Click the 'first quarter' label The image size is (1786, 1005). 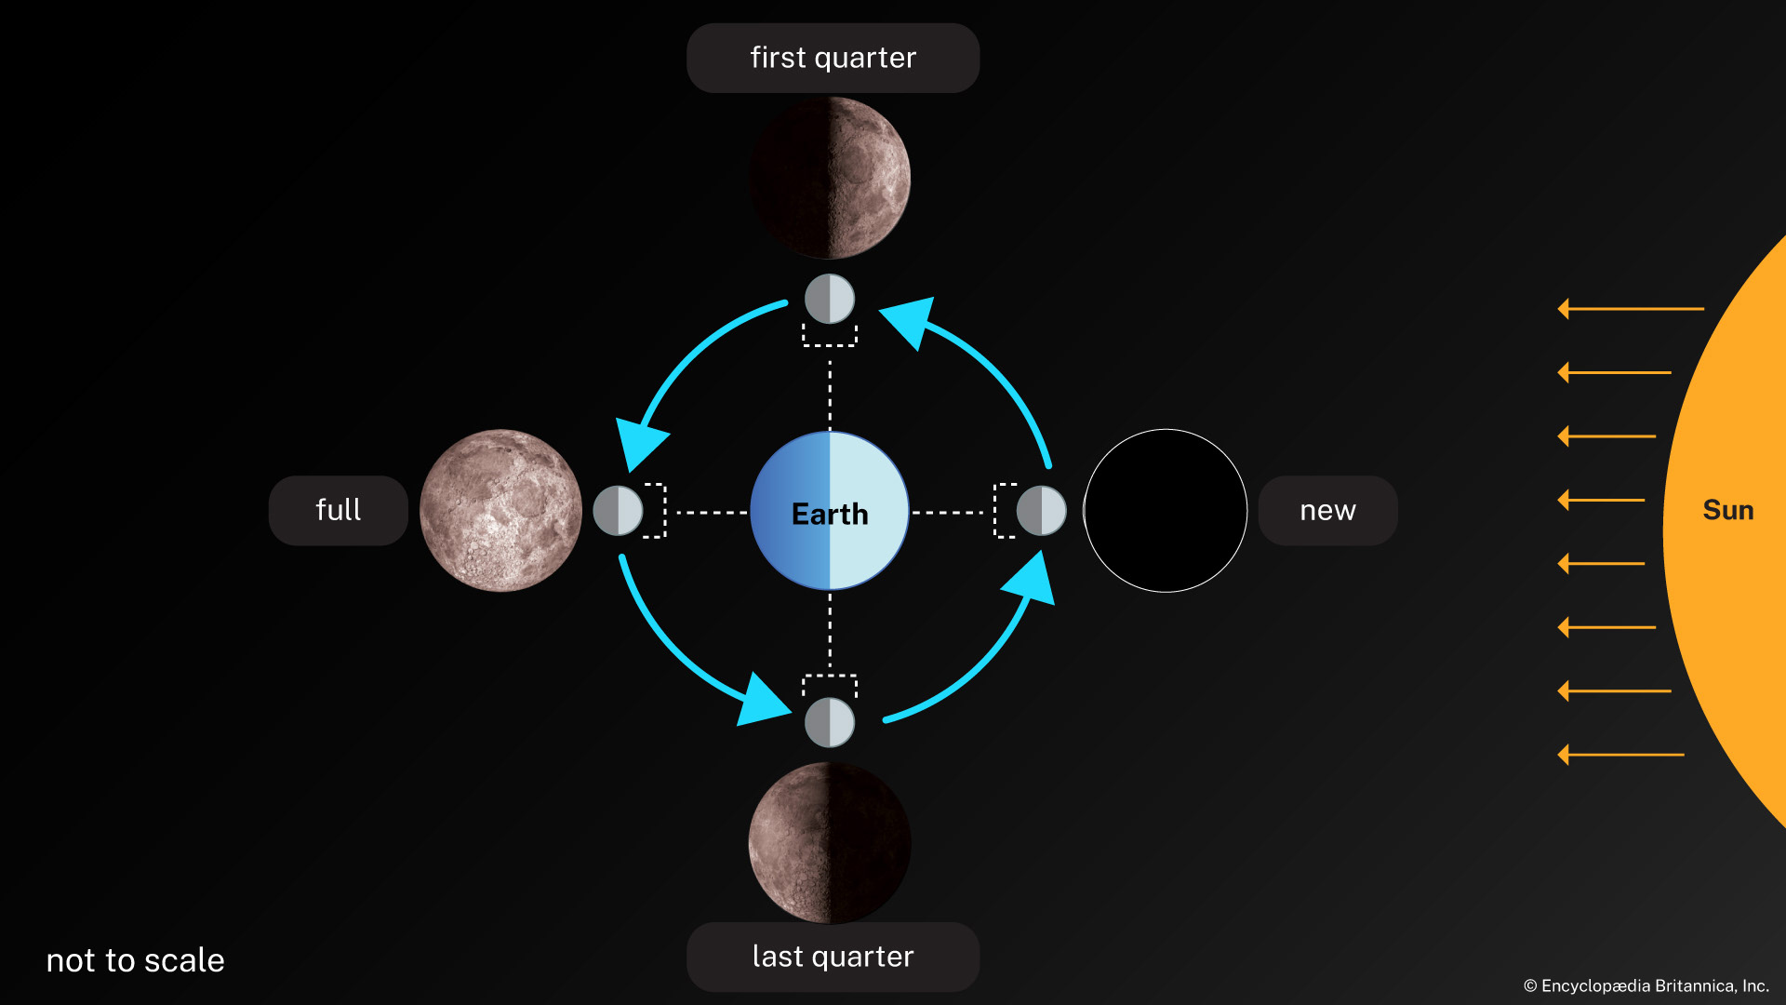click(x=833, y=58)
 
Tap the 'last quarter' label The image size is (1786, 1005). click(x=833, y=957)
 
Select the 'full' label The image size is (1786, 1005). click(x=338, y=510)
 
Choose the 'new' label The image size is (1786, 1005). click(x=1327, y=510)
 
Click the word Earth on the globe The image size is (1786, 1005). click(x=830, y=514)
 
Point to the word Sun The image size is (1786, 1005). click(x=1727, y=510)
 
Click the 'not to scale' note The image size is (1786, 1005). click(x=136, y=960)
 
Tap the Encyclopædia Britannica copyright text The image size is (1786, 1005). click(x=1646, y=985)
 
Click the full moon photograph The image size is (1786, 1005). click(x=500, y=510)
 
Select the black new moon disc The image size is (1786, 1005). click(x=1166, y=510)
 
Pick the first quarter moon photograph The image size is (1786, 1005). click(x=830, y=178)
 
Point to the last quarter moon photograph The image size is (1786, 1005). click(x=830, y=843)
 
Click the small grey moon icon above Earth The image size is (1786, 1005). click(x=830, y=299)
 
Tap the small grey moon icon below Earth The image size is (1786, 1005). click(x=830, y=722)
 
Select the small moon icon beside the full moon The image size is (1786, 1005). click(x=618, y=510)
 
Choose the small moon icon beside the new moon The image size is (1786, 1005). click(x=1041, y=510)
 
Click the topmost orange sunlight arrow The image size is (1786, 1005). click(x=1630, y=308)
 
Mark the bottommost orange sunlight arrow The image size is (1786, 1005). click(x=1620, y=754)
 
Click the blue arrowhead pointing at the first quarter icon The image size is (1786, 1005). click(x=910, y=320)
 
